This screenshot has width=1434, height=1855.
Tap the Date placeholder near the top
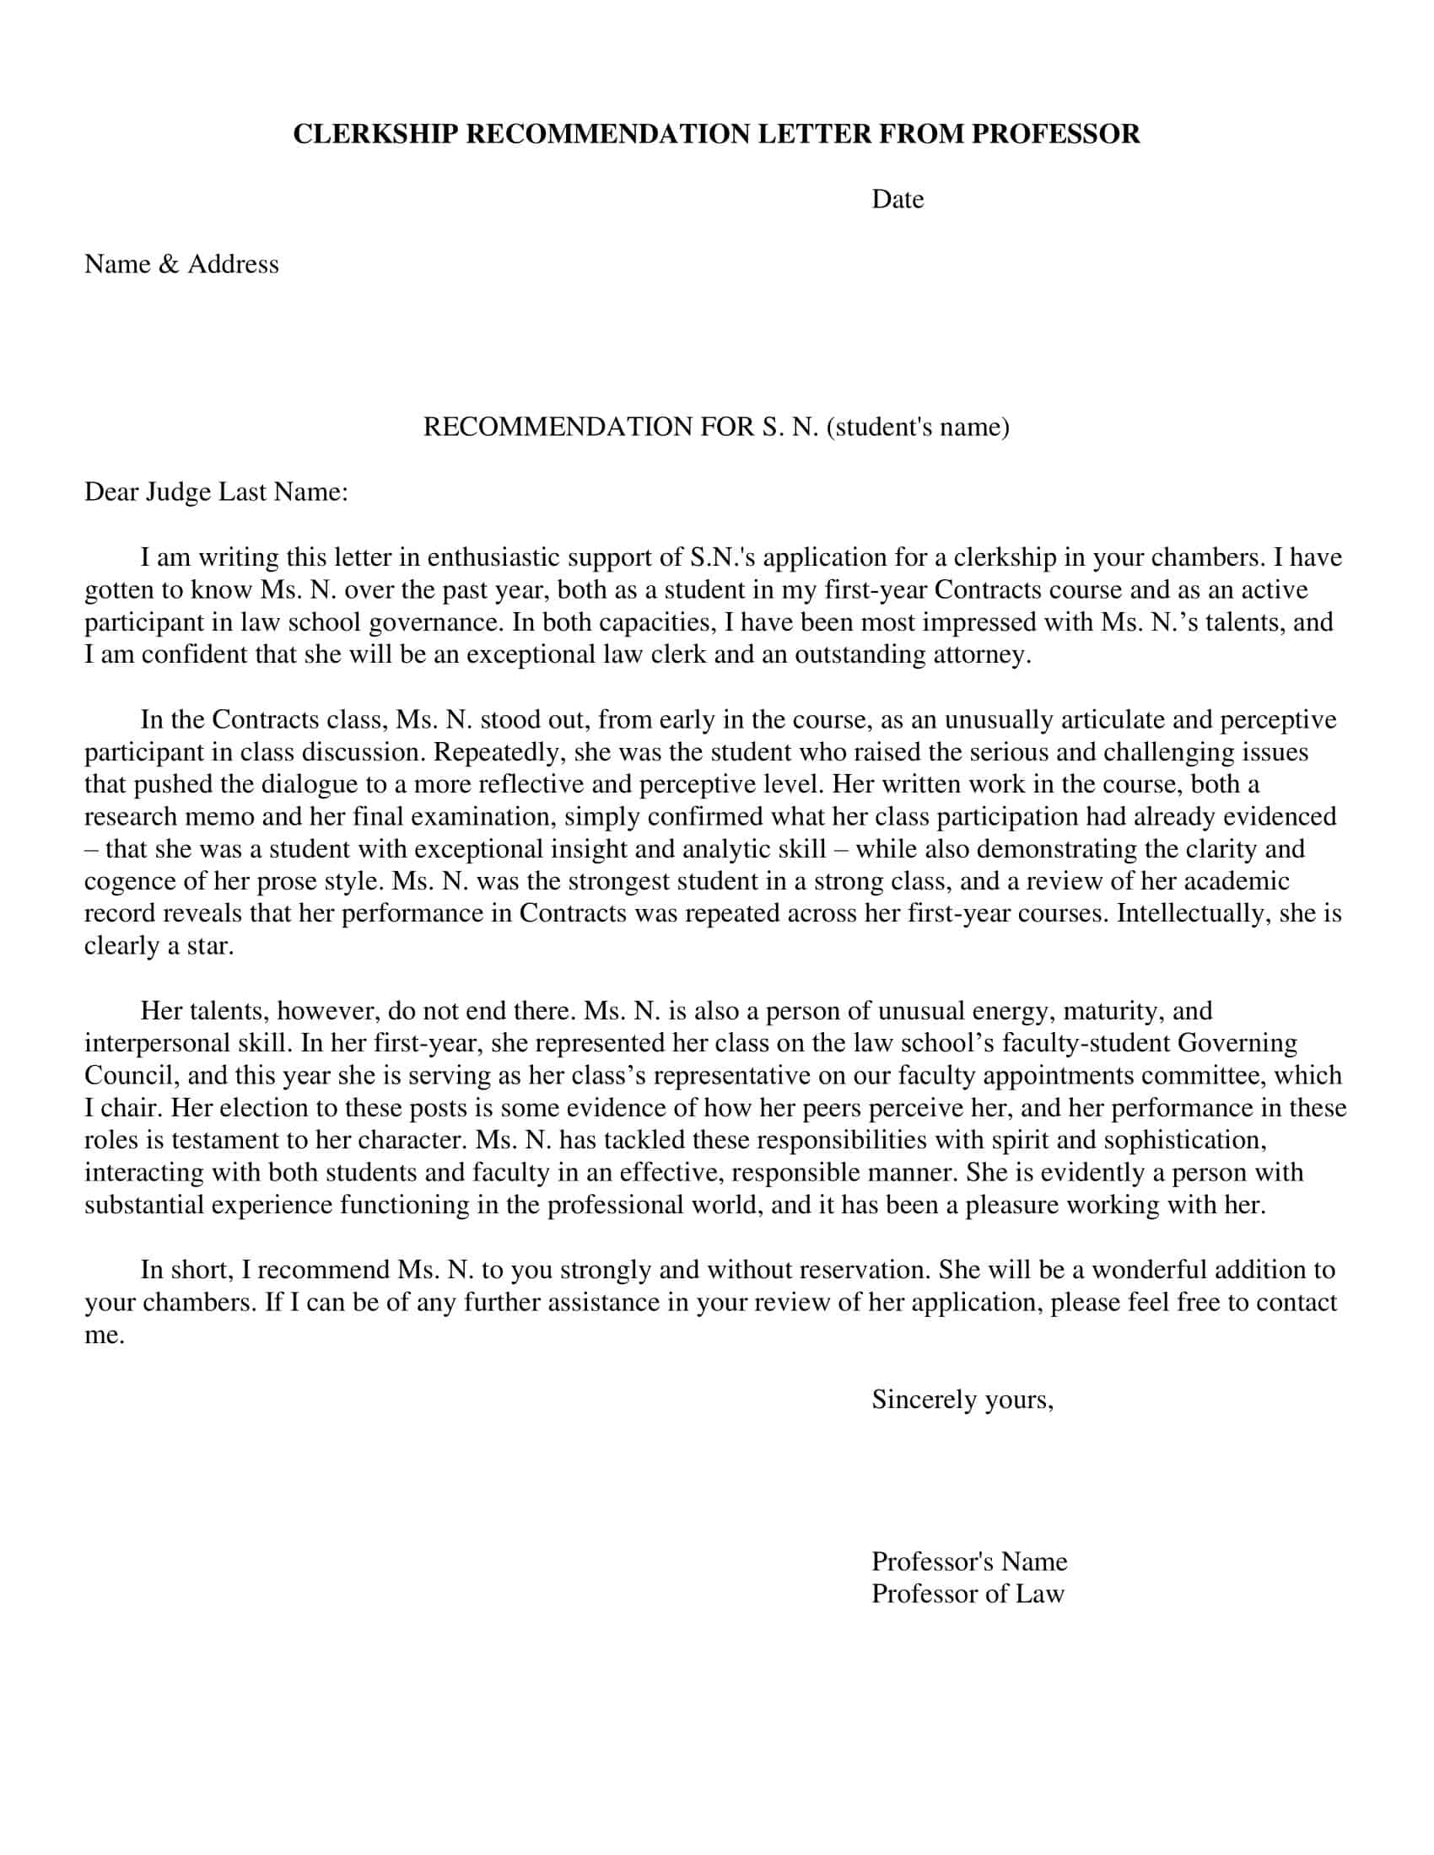click(898, 200)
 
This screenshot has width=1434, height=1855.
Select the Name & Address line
click(181, 264)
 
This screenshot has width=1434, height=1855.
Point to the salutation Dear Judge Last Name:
click(216, 492)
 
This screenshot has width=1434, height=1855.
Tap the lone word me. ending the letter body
click(104, 1336)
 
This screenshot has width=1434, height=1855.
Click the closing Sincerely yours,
click(962, 1400)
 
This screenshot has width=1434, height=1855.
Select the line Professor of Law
click(967, 1594)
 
